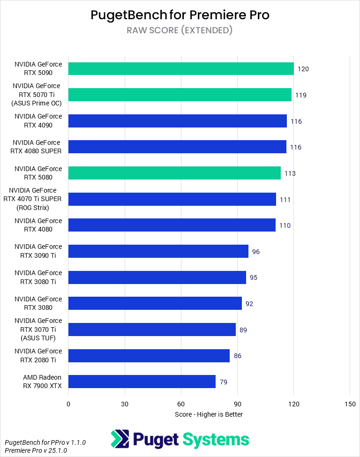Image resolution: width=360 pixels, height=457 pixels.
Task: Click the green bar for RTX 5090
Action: pyautogui.click(x=181, y=69)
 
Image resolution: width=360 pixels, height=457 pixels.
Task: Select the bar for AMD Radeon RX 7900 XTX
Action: pyautogui.click(x=142, y=382)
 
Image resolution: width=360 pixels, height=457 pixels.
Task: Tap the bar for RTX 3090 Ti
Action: pyautogui.click(x=158, y=252)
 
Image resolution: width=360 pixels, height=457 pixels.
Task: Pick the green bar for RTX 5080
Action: pyautogui.click(x=174, y=173)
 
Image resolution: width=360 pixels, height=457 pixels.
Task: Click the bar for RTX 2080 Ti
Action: pyautogui.click(x=149, y=356)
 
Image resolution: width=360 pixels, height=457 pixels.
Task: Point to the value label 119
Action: pyautogui.click(x=301, y=95)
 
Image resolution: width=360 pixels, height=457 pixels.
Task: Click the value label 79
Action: pyautogui.click(x=224, y=382)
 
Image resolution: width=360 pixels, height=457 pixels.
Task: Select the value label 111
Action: pyautogui.click(x=285, y=200)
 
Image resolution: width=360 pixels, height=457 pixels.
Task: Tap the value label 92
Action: pyautogui.click(x=249, y=304)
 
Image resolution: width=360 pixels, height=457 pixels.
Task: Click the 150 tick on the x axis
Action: pyautogui.click(x=350, y=404)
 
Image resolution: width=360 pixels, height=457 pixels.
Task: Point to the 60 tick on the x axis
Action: pyautogui.click(x=181, y=404)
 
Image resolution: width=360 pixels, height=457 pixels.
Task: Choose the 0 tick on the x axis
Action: pyautogui.click(x=68, y=404)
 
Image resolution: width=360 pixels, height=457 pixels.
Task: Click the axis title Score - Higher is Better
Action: pyautogui.click(x=209, y=414)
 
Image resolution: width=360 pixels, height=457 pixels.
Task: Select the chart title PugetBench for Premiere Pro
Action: pyautogui.click(x=180, y=15)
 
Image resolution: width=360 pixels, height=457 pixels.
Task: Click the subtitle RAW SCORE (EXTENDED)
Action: pyautogui.click(x=180, y=30)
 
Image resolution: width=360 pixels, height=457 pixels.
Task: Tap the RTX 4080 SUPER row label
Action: pyautogui.click(x=37, y=147)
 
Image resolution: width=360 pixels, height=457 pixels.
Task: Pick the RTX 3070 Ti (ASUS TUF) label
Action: pyautogui.click(x=37, y=330)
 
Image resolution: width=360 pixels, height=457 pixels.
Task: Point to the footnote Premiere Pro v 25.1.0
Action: pyautogui.click(x=36, y=450)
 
